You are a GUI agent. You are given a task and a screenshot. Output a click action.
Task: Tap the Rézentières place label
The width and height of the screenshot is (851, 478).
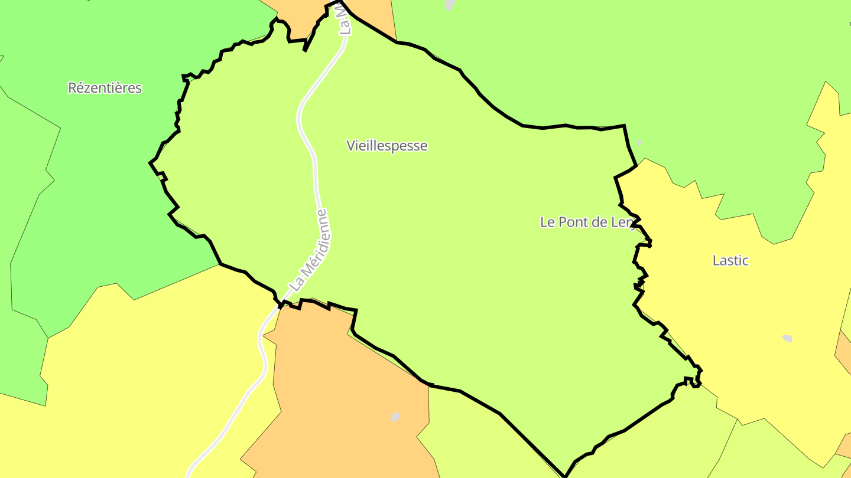coord(105,88)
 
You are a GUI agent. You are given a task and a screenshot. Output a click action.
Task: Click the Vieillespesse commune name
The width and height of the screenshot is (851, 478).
coord(386,146)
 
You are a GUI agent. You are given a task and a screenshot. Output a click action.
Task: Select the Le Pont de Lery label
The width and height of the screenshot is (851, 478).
coord(589,222)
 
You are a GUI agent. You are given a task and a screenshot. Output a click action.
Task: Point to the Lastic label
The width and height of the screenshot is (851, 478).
coord(730,260)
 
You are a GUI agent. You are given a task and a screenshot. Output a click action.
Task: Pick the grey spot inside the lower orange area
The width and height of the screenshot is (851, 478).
coord(395,417)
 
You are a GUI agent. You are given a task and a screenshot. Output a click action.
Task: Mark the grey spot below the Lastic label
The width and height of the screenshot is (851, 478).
coord(787,338)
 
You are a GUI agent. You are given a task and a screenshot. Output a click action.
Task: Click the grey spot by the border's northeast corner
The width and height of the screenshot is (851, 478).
coord(638,143)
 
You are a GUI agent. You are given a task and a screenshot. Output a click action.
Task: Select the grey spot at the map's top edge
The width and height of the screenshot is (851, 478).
coord(450,5)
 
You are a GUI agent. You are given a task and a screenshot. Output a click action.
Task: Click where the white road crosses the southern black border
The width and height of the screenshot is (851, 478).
coord(280,305)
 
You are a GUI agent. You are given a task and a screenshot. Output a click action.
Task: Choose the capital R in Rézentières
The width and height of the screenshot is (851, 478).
coord(72,88)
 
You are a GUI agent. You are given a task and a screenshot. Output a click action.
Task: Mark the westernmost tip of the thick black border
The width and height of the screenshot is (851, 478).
coord(150,162)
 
